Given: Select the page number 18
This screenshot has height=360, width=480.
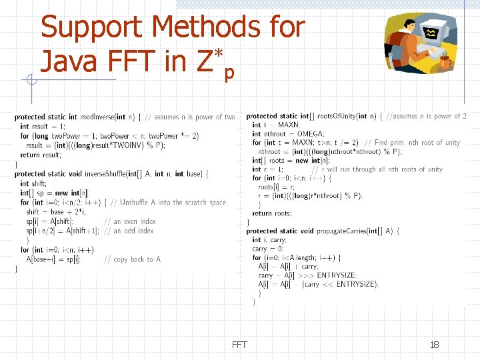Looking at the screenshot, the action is point(434,345).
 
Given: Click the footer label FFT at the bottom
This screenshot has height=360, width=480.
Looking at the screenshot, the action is point(239,345).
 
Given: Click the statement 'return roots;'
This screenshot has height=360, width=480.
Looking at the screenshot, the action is point(271,213).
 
